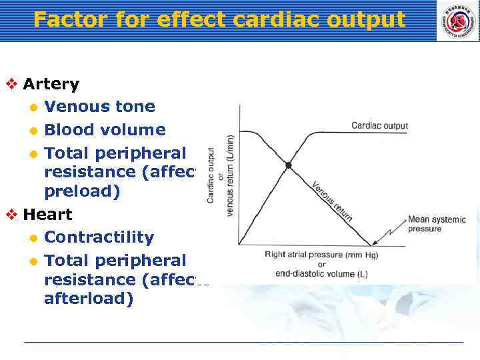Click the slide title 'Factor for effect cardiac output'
pyautogui.click(x=219, y=20)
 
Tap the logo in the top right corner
pyautogui.click(x=457, y=21)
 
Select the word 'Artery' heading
pyautogui.click(x=51, y=84)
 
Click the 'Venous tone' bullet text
pyautogui.click(x=99, y=107)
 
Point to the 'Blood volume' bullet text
pyautogui.click(x=105, y=129)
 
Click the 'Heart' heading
pyautogui.click(x=47, y=215)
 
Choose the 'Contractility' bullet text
pyautogui.click(x=99, y=237)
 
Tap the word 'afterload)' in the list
pyautogui.click(x=89, y=299)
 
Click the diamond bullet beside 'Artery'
pyautogui.click(x=11, y=84)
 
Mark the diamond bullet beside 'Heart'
pyautogui.click(x=11, y=215)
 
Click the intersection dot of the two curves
pyautogui.click(x=288, y=165)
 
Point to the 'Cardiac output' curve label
pyautogui.click(x=379, y=126)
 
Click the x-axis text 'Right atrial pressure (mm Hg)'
pyautogui.click(x=321, y=254)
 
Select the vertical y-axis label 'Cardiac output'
pyautogui.click(x=211, y=175)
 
